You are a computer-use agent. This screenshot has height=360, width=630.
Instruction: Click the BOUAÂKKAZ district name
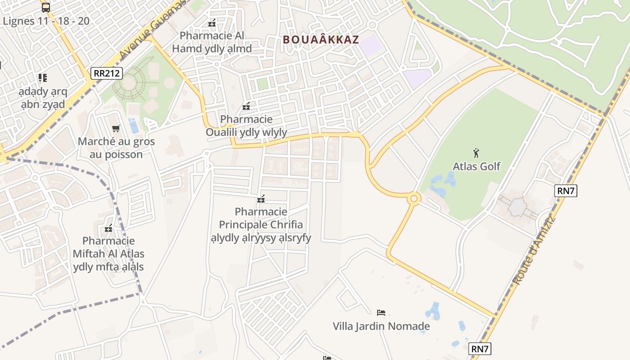tap(321, 40)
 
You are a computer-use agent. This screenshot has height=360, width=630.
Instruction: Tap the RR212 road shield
tap(107, 73)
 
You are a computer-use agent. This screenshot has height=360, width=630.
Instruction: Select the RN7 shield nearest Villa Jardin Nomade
tap(480, 348)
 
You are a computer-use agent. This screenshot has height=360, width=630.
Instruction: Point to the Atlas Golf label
tap(476, 166)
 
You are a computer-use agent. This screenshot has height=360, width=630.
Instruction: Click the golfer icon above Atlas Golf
tap(476, 153)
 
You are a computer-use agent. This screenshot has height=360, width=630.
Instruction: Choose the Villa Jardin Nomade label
tap(381, 326)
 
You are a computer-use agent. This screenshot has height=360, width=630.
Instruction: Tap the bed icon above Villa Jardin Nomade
tap(381, 312)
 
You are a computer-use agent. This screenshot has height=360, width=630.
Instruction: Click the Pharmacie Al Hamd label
tap(211, 42)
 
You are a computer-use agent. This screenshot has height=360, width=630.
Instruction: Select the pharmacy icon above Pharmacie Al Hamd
tap(212, 23)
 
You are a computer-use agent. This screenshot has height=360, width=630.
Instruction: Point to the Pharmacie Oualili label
tap(247, 126)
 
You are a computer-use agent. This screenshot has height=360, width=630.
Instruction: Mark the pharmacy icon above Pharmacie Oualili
tap(246, 106)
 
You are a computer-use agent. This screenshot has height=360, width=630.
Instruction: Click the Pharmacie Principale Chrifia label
tap(261, 224)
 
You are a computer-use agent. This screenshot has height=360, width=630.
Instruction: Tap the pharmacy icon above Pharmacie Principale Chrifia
tap(261, 199)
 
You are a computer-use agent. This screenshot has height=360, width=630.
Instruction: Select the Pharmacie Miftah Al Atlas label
tap(108, 254)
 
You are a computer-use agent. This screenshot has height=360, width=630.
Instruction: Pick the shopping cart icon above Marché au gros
tap(116, 129)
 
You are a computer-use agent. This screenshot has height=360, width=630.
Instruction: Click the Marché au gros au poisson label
tap(116, 148)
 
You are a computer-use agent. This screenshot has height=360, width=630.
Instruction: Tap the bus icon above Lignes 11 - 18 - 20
tap(46, 7)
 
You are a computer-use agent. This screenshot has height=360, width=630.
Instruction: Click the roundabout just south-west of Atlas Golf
tap(414, 198)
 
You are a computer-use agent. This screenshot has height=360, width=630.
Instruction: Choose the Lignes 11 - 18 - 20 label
tap(46, 21)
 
